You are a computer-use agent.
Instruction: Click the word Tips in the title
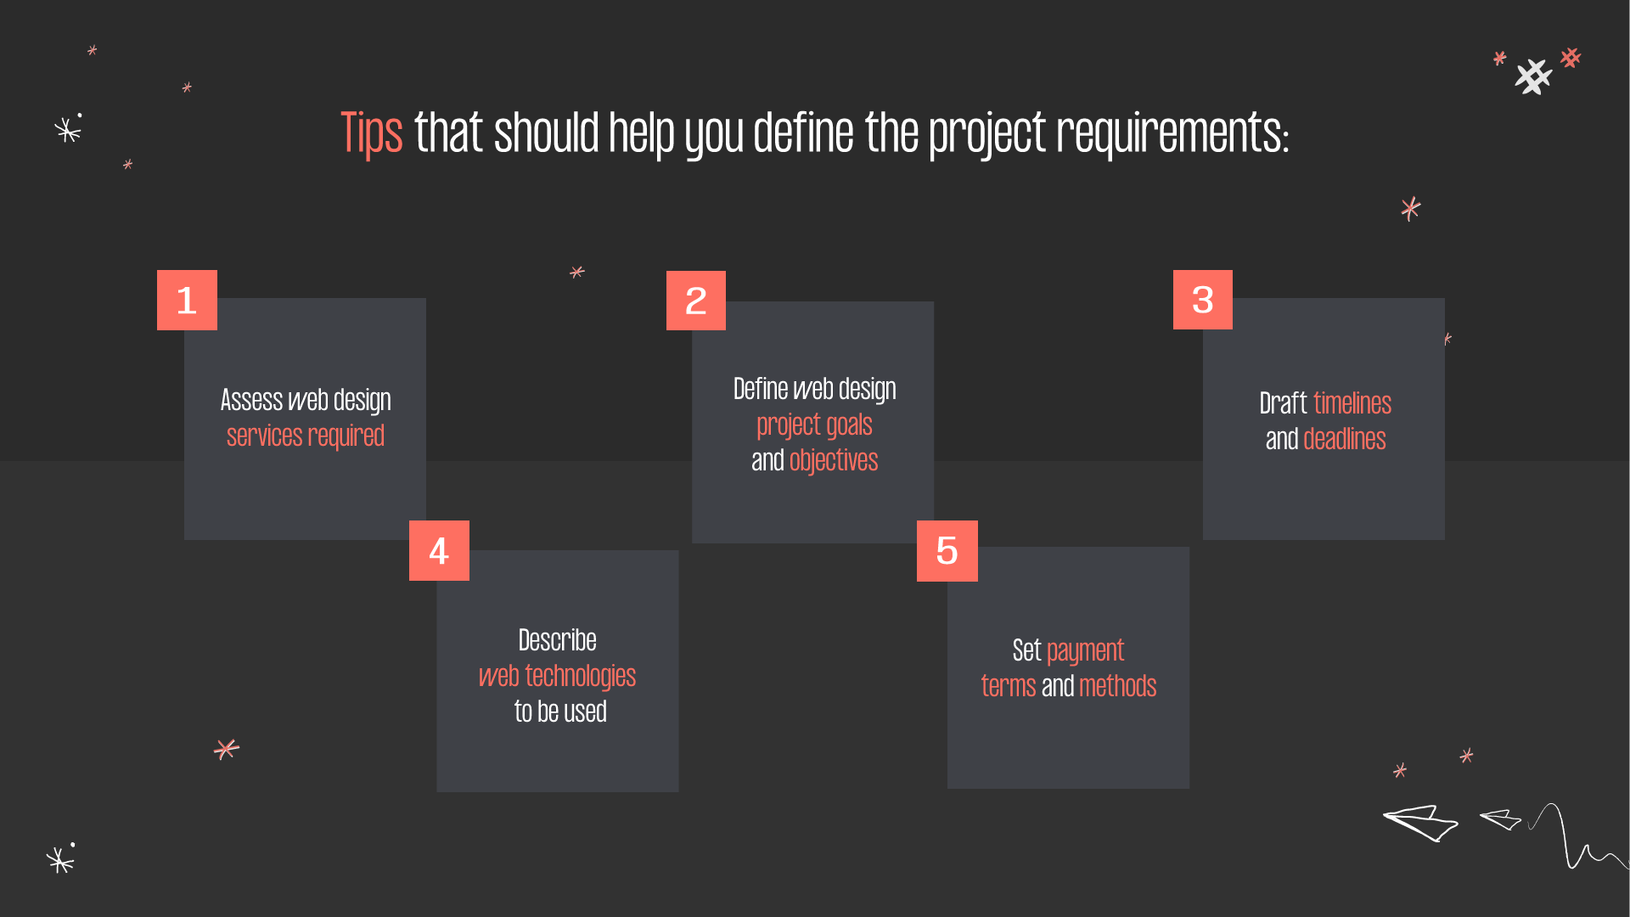tap(371, 134)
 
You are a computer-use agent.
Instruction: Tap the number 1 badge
tap(187, 300)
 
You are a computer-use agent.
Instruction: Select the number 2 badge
tap(696, 301)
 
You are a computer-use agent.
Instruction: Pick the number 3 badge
tap(1202, 300)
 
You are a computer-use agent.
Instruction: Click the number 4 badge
tap(439, 551)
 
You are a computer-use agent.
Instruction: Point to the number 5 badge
tap(947, 551)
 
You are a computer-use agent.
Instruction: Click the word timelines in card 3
tap(1352, 403)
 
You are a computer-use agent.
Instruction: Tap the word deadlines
tap(1344, 439)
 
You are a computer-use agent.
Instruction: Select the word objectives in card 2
tap(834, 460)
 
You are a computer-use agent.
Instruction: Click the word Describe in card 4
tap(557, 640)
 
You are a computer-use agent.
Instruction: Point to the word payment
tap(1085, 651)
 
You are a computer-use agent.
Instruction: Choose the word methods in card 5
tap(1117, 686)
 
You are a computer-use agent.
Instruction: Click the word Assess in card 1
tap(251, 400)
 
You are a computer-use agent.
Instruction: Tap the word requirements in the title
tap(1172, 134)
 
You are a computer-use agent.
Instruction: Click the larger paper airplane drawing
tap(1420, 822)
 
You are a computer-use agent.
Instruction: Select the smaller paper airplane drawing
tap(1501, 819)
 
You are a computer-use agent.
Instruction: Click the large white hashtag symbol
tap(1533, 77)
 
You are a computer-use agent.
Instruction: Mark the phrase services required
tap(306, 436)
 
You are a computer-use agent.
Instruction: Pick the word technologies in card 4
tap(580, 677)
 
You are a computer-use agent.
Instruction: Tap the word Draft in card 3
tap(1283, 403)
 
